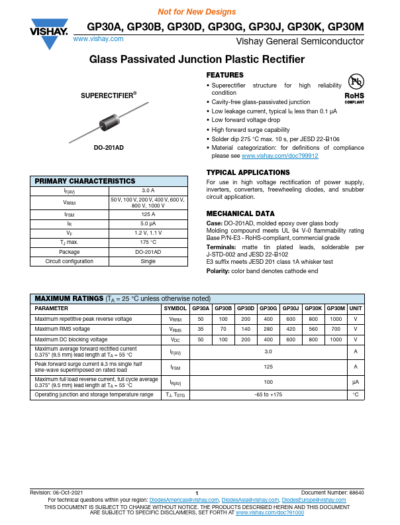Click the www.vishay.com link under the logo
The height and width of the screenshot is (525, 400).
(98, 39)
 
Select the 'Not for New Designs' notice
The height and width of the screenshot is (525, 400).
(197, 12)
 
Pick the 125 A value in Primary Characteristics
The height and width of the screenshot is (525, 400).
(148, 215)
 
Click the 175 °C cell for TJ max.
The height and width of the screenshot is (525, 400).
(148, 243)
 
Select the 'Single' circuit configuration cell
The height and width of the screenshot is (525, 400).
(148, 261)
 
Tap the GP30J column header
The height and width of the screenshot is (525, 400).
(291, 309)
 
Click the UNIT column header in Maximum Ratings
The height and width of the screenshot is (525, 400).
(356, 309)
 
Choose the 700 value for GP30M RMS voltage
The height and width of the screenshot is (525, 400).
(336, 329)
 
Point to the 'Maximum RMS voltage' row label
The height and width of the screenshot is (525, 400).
(62, 329)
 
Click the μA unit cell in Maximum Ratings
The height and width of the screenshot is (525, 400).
(356, 382)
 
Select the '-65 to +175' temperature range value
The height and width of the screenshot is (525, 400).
(268, 395)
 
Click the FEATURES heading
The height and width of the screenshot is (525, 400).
(225, 75)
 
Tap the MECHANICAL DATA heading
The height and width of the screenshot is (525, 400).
(240, 214)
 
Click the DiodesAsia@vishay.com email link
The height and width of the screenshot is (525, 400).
(250, 499)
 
